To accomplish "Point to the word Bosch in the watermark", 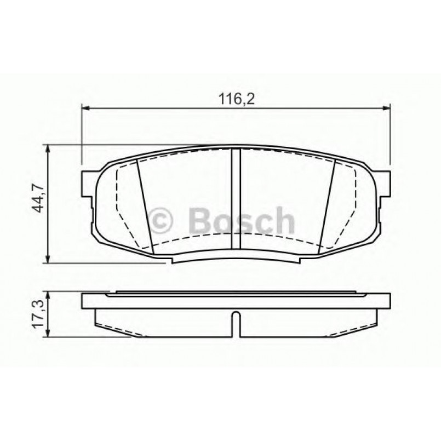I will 239,221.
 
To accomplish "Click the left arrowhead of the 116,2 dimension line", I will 85,107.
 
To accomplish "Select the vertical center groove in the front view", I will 236,201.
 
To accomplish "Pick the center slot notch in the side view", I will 235,324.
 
